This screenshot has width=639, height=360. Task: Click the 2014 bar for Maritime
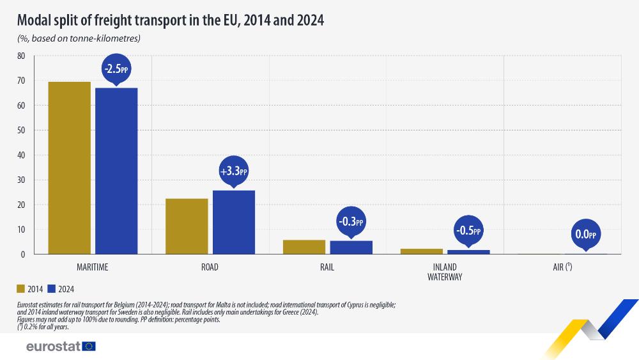(x=69, y=168)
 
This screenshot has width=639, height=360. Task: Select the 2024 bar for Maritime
(x=116, y=171)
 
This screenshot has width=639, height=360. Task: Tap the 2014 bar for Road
(x=187, y=226)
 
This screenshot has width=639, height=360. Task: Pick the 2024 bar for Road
(x=234, y=222)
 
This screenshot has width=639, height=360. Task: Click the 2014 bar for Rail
(x=304, y=247)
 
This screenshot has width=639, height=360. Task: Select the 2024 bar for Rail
(x=351, y=247)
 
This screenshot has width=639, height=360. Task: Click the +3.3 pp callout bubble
(x=233, y=171)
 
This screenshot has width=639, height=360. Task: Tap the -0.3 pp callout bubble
(x=350, y=222)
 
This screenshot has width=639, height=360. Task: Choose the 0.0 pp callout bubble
(x=585, y=235)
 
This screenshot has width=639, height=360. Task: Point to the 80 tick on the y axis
(x=21, y=56)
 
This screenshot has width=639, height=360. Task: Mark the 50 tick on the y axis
(x=21, y=130)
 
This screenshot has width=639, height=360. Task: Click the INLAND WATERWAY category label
(x=445, y=272)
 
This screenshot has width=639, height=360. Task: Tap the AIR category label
(x=562, y=267)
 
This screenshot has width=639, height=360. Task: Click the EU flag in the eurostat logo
(x=89, y=346)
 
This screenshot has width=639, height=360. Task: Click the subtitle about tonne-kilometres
(x=79, y=38)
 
